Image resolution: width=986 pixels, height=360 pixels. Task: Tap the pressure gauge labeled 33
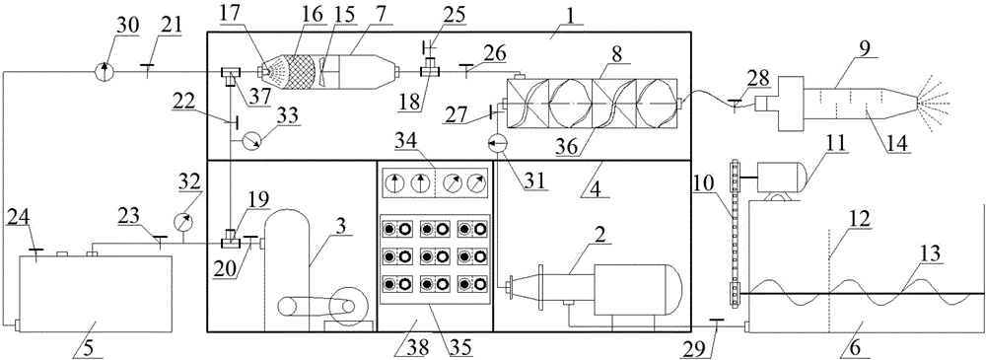(x=255, y=143)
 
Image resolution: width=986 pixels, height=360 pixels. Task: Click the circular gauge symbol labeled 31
(x=499, y=144)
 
